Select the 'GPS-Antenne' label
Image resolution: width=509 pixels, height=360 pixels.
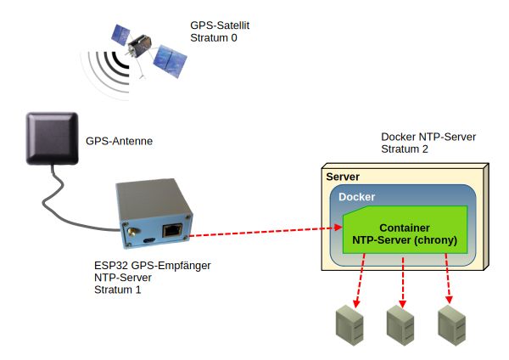tap(120, 141)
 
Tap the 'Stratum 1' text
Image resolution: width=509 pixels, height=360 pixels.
tap(118, 290)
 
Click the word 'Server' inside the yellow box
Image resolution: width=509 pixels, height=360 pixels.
tap(344, 177)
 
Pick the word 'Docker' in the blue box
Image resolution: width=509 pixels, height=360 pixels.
tap(356, 197)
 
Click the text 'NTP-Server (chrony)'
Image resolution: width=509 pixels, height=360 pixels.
tap(405, 240)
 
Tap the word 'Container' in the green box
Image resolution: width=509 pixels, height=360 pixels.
tap(405, 228)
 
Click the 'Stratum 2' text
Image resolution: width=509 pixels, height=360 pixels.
tap(405, 149)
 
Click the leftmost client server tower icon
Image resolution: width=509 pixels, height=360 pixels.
tap(350, 325)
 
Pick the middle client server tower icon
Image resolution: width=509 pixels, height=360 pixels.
tap(400, 325)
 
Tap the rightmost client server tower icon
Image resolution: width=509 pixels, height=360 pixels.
tap(450, 325)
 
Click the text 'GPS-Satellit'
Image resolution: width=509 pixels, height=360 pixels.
tap(220, 26)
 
